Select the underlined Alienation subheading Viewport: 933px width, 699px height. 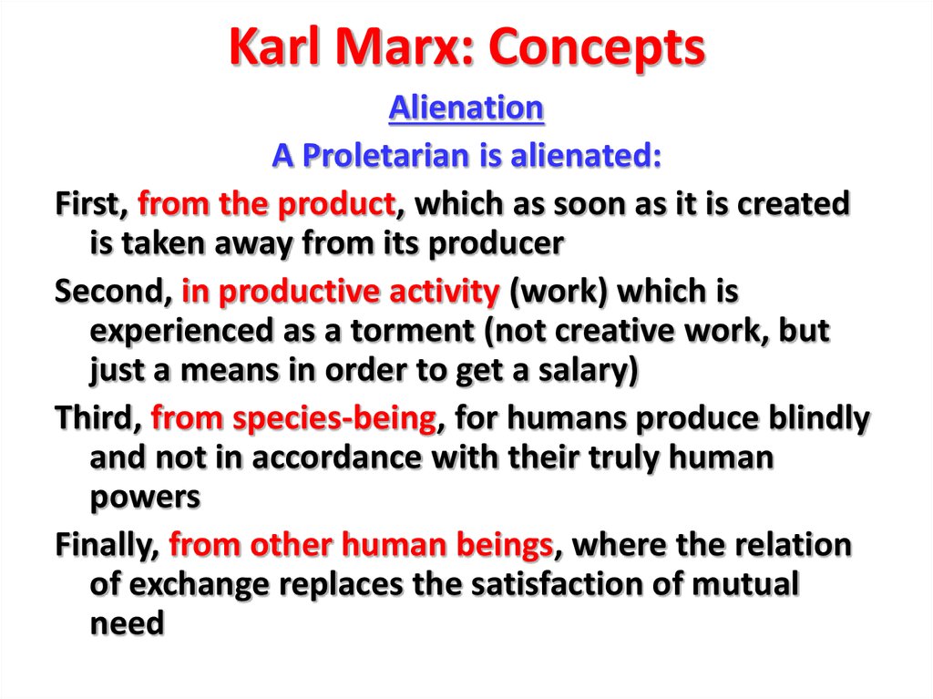[x=466, y=108]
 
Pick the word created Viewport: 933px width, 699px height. [x=794, y=203]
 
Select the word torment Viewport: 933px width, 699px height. [x=413, y=331]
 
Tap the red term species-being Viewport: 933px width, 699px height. [x=334, y=419]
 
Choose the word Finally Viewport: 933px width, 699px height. [x=108, y=546]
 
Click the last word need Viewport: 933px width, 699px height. [x=127, y=623]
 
